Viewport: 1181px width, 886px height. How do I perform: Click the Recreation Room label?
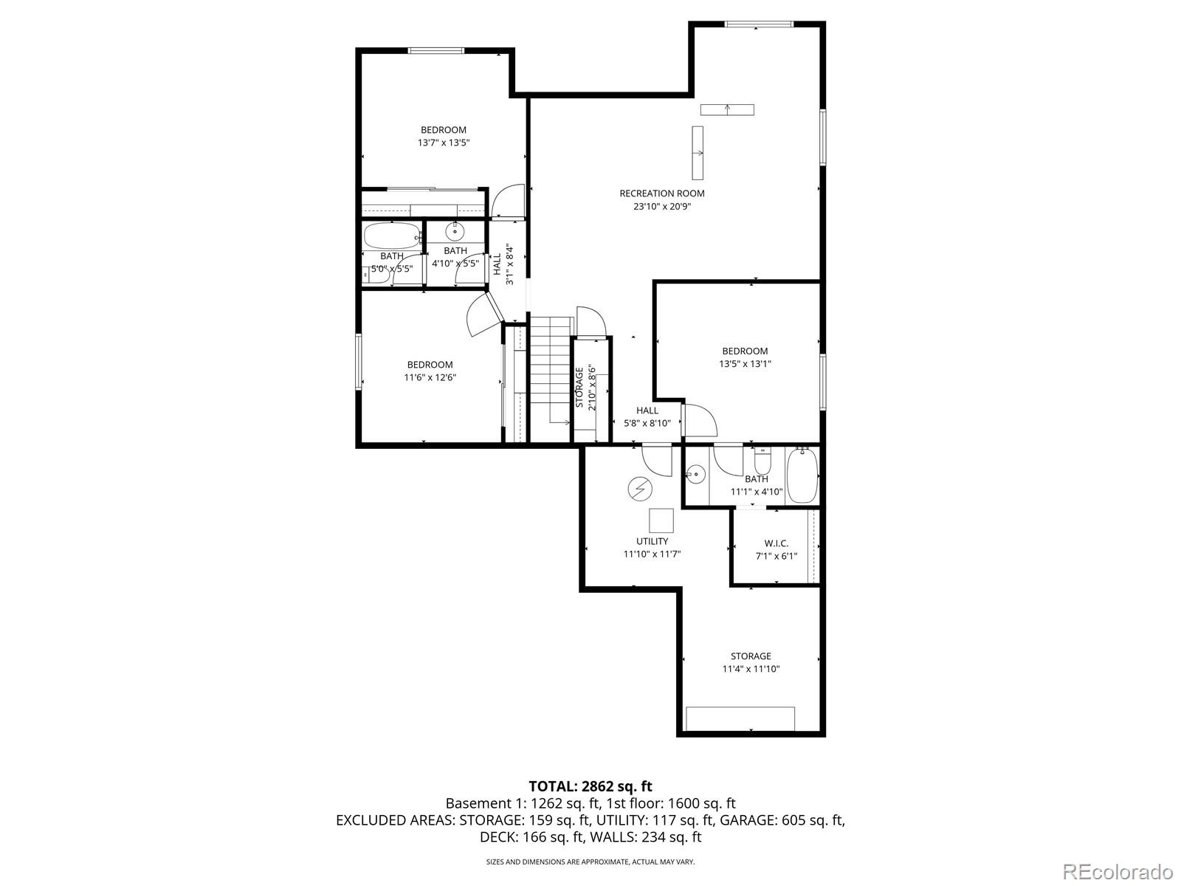coord(661,193)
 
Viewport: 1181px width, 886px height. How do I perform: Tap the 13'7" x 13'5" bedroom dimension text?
coord(444,143)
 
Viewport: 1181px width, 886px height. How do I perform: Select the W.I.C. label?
coord(776,543)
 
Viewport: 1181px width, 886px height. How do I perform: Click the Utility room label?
coord(652,541)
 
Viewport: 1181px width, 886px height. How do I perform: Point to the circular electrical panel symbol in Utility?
coord(639,488)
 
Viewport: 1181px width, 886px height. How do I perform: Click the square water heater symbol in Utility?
coord(661,521)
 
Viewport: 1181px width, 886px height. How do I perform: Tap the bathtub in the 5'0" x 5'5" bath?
coord(391,236)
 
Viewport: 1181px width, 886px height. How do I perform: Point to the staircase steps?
coord(551,369)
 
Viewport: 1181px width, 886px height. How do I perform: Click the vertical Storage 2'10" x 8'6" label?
coord(585,387)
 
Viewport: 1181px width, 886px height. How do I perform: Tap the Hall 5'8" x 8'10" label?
coord(647,417)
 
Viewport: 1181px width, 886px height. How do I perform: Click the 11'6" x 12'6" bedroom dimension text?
coord(430,377)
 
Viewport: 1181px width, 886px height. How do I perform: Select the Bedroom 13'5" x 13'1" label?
coord(745,357)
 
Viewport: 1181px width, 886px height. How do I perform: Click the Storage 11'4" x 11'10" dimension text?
coord(751,670)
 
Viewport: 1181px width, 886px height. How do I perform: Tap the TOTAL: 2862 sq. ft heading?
coord(590,786)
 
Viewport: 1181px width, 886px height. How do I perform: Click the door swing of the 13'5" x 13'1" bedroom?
coord(700,420)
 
